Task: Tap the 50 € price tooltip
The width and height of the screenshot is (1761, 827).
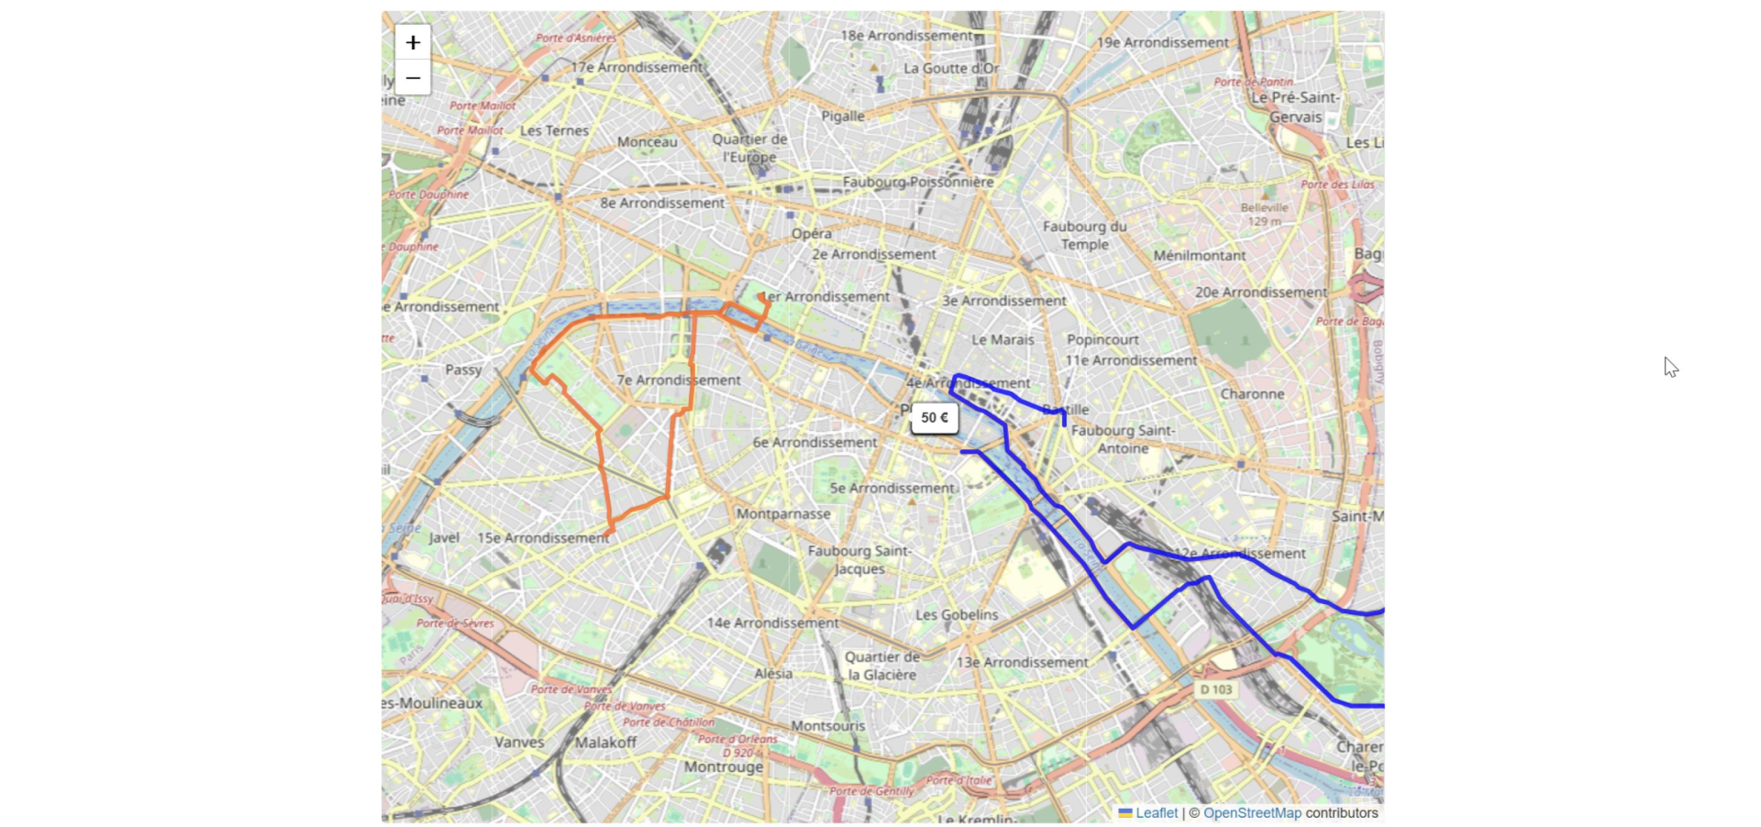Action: click(x=934, y=418)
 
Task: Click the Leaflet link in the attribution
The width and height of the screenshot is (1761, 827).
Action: click(x=1156, y=813)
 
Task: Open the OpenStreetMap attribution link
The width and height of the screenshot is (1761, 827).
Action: click(x=1252, y=813)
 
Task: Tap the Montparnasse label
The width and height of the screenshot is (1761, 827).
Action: click(x=784, y=514)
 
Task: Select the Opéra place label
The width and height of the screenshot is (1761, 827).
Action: click(x=811, y=234)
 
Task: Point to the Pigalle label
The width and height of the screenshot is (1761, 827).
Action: click(x=842, y=116)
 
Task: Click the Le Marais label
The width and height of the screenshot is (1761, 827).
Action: click(x=1002, y=339)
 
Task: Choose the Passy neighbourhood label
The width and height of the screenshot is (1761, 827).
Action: click(x=464, y=370)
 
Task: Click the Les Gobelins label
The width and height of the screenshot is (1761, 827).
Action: click(x=957, y=615)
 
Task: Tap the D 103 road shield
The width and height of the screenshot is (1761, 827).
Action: click(x=1216, y=690)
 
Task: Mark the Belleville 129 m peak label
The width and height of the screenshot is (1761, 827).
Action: click(x=1264, y=214)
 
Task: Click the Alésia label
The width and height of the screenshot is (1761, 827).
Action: click(x=773, y=674)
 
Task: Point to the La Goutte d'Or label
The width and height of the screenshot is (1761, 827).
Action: click(x=951, y=68)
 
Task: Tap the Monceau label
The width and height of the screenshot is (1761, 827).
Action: click(x=647, y=142)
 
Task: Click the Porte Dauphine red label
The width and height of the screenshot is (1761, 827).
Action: click(x=429, y=195)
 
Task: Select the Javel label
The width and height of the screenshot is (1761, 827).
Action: click(x=444, y=538)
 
